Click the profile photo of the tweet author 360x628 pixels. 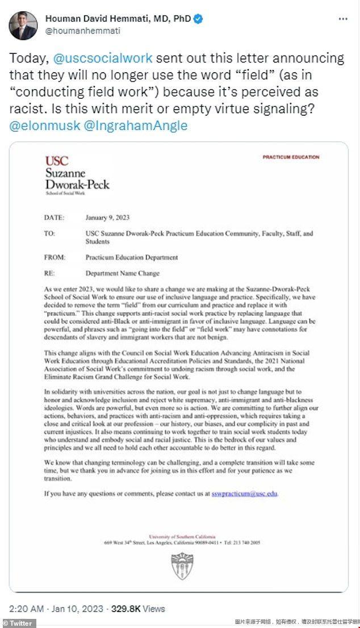23,24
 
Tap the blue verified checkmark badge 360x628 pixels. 198,19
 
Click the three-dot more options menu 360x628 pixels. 342,19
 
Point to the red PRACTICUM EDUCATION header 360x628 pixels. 291,157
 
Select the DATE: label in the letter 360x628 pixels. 55,216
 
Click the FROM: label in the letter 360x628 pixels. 55,257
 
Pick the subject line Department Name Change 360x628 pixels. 123,273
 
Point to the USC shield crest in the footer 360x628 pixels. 182,566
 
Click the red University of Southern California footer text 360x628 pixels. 182,536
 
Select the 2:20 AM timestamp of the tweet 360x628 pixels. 27,609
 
